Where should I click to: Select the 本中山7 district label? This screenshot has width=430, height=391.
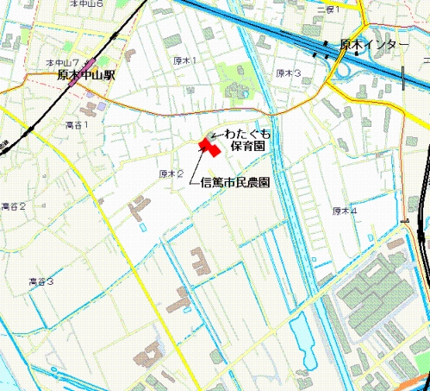(63, 63)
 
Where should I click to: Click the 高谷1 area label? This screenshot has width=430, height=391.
(77, 124)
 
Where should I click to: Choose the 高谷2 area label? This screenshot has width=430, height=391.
(14, 206)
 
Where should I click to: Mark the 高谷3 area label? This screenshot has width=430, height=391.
(41, 281)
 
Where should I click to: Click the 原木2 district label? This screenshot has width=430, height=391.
(171, 173)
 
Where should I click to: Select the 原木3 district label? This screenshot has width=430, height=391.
(288, 73)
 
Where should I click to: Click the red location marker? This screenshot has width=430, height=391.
(209, 145)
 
